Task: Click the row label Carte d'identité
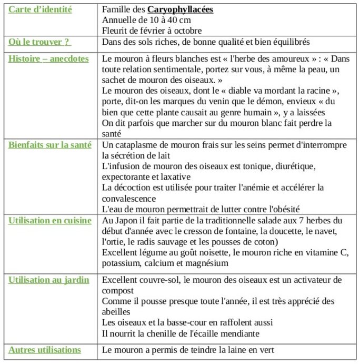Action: tap(40, 9)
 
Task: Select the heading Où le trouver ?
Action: tap(39, 42)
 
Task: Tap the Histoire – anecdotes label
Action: tap(48, 58)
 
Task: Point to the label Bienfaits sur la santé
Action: tap(49, 145)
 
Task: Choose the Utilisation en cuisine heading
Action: tap(49, 221)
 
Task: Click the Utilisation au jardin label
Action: tap(48, 280)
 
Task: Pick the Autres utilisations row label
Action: tap(44, 350)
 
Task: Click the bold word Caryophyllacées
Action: tap(181, 9)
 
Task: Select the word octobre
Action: tap(187, 31)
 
